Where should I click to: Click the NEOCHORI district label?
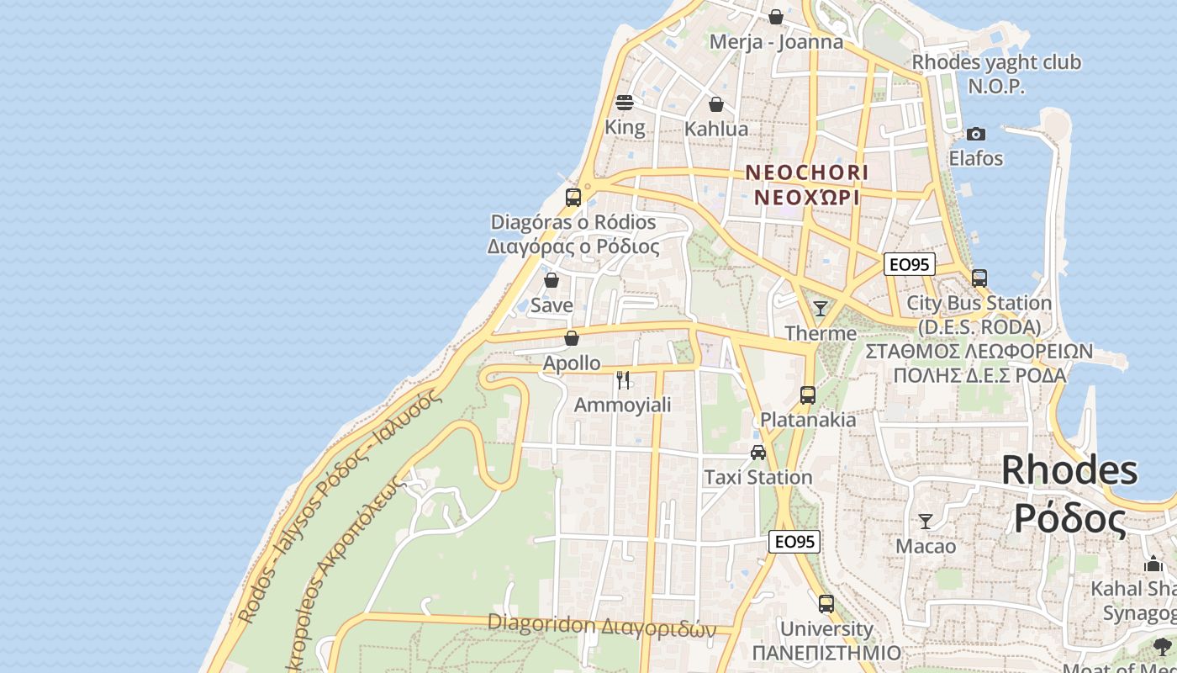(807, 172)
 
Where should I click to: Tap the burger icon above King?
(624, 103)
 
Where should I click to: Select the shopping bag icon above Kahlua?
(716, 104)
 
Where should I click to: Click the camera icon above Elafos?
(975, 134)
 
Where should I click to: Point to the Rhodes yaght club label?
(996, 62)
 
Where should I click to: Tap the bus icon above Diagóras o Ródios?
(573, 198)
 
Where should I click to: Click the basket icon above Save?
(552, 280)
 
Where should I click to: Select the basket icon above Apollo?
(572, 338)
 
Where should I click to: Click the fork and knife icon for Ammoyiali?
(623, 380)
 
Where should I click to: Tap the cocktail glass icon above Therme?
(821, 308)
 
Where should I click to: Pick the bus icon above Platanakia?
(808, 395)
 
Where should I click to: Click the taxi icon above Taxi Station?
(758, 453)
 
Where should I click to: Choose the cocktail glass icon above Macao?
(926, 522)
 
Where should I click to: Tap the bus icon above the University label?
(826, 603)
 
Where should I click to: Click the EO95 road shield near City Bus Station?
(910, 264)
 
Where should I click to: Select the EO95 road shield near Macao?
(794, 542)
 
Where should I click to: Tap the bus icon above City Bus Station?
(979, 278)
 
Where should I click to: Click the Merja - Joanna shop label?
(776, 42)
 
